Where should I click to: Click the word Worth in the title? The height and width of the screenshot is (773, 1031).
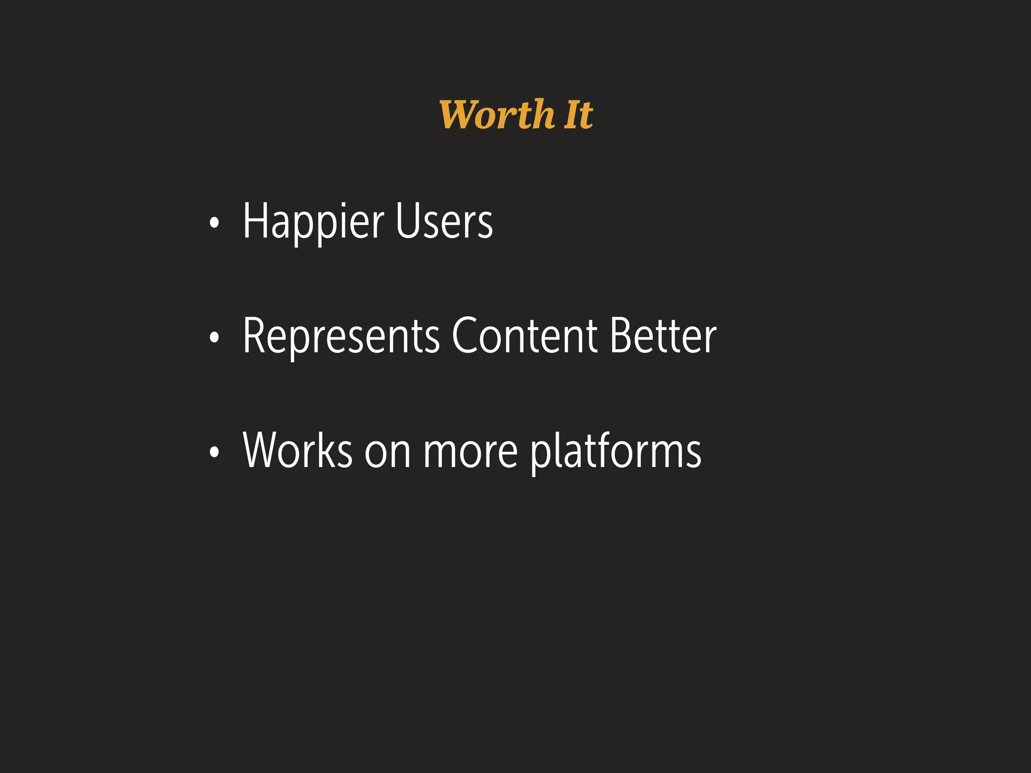[x=496, y=115]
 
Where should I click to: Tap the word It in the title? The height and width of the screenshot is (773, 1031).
[x=578, y=115]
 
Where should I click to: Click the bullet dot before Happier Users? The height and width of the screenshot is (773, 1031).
[x=214, y=223]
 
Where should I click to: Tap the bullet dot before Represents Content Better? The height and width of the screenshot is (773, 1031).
[x=214, y=338]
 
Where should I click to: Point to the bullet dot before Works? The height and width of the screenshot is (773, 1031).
[x=214, y=452]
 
